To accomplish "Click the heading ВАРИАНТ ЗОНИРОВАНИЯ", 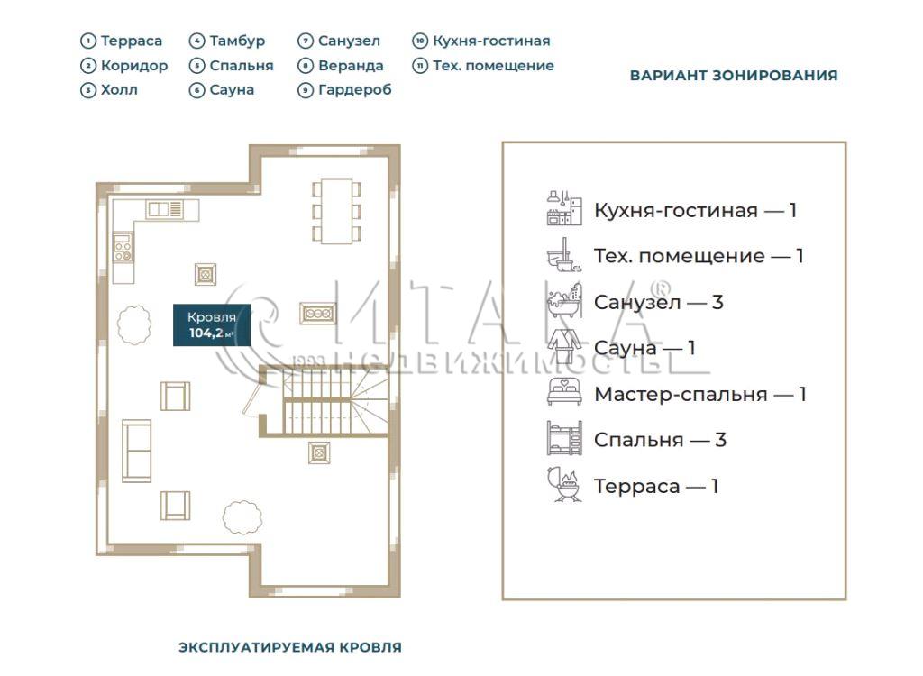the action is (x=734, y=76).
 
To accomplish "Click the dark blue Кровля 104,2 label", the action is (x=212, y=325).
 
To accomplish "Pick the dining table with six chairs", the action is (x=336, y=212).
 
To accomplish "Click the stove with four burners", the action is (x=123, y=247).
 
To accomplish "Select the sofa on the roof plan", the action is (x=137, y=451).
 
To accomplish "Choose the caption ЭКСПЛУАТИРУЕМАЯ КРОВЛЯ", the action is (x=290, y=647).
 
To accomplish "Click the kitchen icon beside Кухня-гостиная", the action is (x=564, y=208).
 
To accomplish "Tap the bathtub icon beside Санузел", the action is (x=564, y=300).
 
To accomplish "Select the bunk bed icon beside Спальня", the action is (x=564, y=438).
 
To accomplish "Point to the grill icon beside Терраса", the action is (x=564, y=485).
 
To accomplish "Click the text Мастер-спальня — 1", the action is (x=699, y=394).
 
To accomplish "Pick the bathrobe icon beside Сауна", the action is (x=564, y=346).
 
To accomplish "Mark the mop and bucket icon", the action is (x=564, y=254).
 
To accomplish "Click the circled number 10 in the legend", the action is (x=420, y=41).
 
